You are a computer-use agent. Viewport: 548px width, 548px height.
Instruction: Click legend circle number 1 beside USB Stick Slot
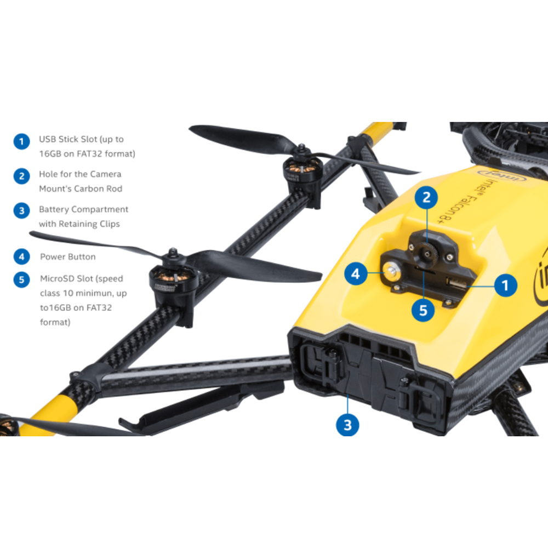(x=22, y=141)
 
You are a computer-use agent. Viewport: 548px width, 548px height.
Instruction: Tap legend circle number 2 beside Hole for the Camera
(x=22, y=176)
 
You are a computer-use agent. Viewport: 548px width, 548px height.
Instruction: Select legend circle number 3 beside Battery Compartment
(x=22, y=211)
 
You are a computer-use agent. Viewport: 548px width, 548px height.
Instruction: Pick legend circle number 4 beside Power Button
(x=22, y=256)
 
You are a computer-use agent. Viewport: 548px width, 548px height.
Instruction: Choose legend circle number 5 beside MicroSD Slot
(x=22, y=279)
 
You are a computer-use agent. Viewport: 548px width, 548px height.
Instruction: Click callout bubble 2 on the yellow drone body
(x=426, y=197)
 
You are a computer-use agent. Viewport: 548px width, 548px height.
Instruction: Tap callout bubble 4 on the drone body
(x=356, y=273)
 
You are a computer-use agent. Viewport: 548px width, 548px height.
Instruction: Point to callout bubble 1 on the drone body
(x=505, y=285)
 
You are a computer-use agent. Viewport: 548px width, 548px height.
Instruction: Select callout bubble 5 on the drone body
(x=423, y=310)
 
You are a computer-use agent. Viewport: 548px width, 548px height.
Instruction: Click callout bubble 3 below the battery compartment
(x=347, y=425)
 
